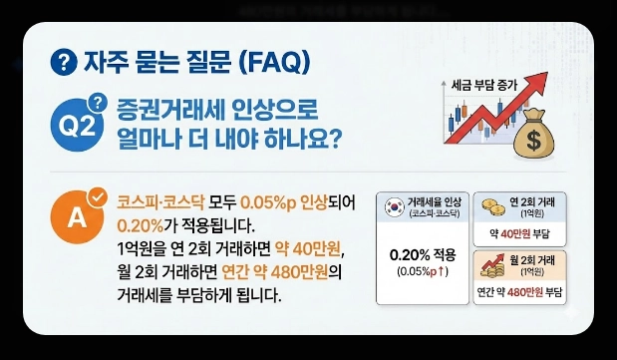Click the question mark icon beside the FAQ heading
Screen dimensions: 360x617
63,63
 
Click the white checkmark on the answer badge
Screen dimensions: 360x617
99,195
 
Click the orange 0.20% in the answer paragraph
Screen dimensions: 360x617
140,223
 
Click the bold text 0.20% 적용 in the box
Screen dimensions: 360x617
423,253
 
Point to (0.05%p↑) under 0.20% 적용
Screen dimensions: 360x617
423,271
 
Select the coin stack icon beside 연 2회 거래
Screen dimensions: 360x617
491,205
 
